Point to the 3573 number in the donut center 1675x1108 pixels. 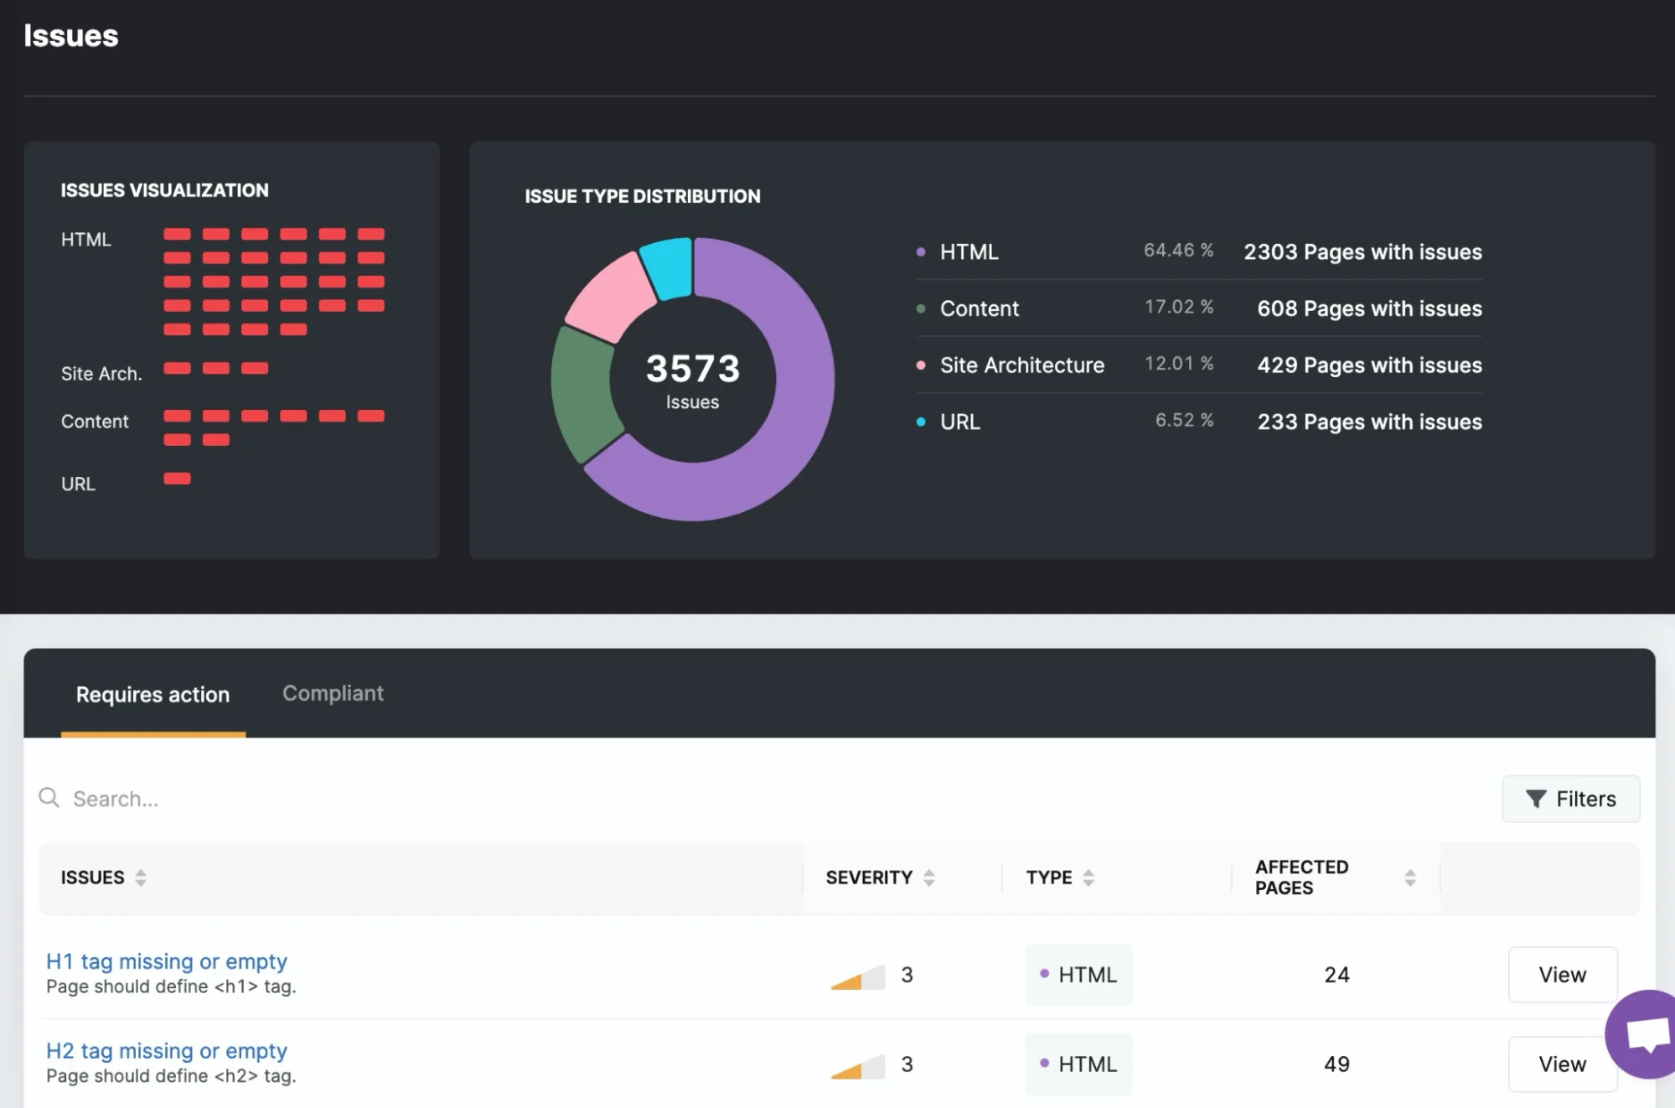[693, 369]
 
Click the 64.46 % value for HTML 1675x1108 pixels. [1178, 251]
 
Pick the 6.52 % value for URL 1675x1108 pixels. [1184, 420]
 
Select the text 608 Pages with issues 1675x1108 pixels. [1369, 308]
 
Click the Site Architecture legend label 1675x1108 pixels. [1021, 365]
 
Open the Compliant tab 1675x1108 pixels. [333, 693]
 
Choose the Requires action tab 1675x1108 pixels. [153, 695]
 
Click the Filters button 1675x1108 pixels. [1570, 799]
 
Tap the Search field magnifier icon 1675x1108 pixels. [49, 798]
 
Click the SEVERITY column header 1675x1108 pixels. [869, 878]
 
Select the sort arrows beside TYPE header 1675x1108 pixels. [1088, 878]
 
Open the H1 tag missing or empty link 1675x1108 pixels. [167, 961]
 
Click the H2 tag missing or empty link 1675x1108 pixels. [167, 1051]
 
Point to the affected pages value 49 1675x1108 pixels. [1336, 1064]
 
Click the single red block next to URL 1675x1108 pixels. [177, 479]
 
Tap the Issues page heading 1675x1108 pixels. [71, 36]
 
